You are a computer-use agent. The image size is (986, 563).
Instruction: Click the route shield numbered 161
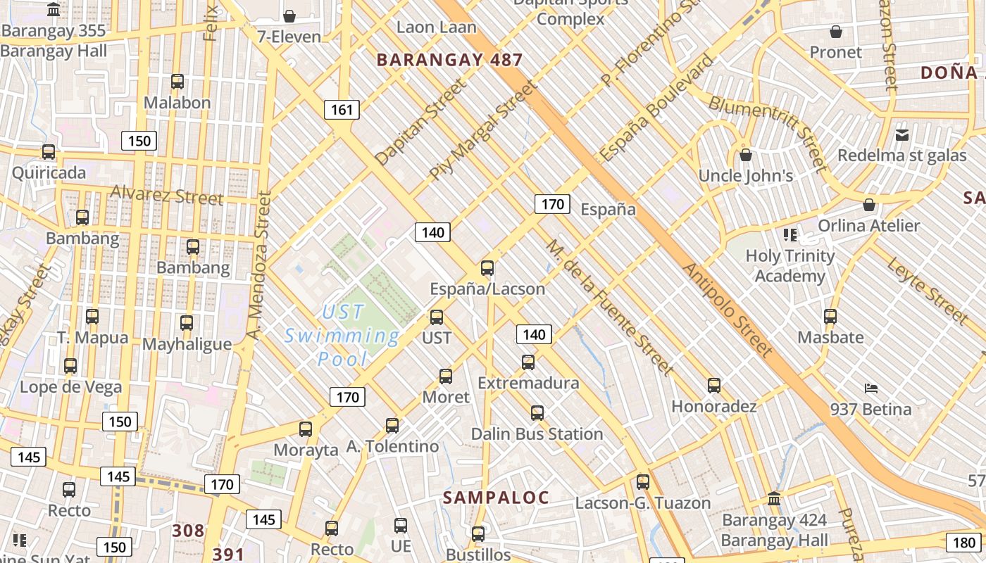click(342, 110)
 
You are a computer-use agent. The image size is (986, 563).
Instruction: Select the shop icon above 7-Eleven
click(289, 15)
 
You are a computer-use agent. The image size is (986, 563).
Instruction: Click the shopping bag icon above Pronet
click(836, 32)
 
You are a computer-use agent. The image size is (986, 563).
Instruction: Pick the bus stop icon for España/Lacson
click(487, 268)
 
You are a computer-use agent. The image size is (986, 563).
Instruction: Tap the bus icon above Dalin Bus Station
click(537, 413)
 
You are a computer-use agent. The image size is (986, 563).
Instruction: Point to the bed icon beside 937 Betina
click(871, 388)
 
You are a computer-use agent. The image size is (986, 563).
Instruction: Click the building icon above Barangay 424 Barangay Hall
click(774, 499)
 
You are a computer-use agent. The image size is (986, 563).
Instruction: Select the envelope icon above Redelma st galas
click(902, 134)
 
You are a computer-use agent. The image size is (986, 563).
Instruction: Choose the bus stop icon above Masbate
click(830, 317)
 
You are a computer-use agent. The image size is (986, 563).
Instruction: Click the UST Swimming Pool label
click(342, 335)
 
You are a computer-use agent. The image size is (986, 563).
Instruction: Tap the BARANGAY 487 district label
click(449, 60)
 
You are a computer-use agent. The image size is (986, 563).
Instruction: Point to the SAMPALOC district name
click(496, 498)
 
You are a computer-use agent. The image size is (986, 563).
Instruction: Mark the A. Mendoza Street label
click(260, 263)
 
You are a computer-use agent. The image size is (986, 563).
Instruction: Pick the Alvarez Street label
click(167, 195)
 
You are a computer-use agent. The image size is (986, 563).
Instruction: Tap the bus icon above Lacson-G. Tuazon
click(643, 482)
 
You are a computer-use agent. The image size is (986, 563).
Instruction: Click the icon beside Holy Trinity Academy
click(790, 234)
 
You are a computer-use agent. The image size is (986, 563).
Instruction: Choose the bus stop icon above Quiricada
click(49, 152)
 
